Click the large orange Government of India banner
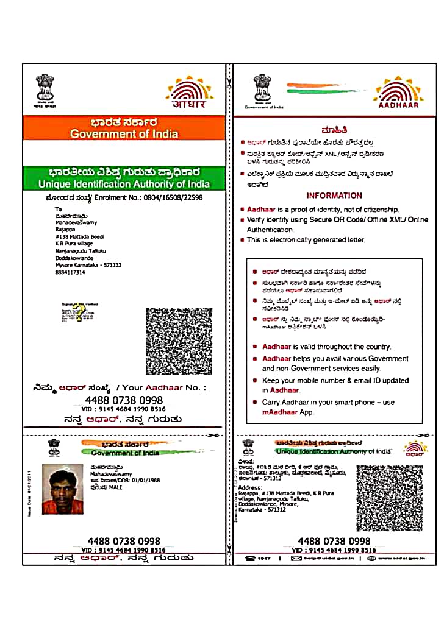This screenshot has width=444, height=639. click(x=124, y=128)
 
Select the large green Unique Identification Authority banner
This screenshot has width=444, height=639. click(x=124, y=177)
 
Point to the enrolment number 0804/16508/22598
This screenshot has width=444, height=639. click(x=173, y=198)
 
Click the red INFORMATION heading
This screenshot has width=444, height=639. click(x=334, y=196)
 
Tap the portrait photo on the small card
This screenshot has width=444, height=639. click(x=63, y=489)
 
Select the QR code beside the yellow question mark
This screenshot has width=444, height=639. click(x=179, y=341)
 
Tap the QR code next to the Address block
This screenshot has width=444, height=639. click(x=389, y=498)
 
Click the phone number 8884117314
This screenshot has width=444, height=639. click(x=70, y=272)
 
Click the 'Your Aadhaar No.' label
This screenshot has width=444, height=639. click(x=161, y=387)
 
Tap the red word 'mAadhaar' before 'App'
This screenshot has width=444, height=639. click(x=279, y=412)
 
